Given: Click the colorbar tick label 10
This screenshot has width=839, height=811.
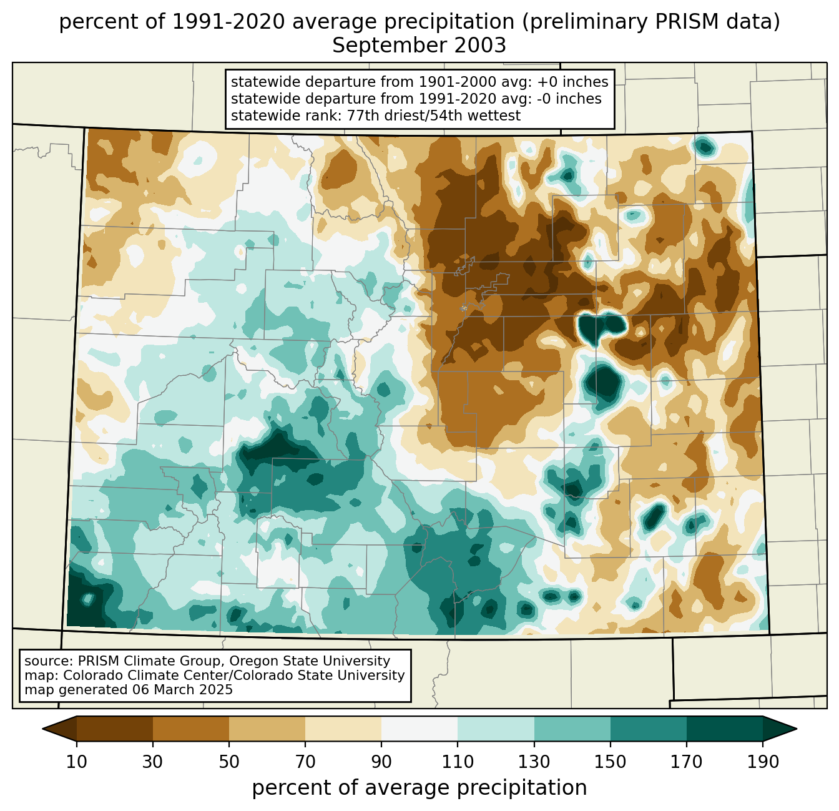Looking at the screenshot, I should (76, 762).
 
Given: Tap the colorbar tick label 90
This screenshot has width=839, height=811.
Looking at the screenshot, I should (381, 762).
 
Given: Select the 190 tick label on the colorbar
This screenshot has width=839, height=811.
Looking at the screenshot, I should (762, 762).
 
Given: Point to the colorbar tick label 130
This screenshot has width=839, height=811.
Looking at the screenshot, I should (534, 762).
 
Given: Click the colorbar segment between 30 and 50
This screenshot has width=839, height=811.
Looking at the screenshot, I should (191, 729).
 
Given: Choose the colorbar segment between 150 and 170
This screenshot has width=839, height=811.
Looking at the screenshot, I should (649, 729).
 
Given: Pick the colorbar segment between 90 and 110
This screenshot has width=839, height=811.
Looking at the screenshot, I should (419, 729).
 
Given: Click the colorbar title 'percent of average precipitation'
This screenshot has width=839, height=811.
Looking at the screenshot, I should (419, 788).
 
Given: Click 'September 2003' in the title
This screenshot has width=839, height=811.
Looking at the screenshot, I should (419, 46).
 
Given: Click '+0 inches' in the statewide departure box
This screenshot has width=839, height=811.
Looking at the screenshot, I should (572, 82).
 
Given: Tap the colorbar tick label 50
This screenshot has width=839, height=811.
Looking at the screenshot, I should (229, 762).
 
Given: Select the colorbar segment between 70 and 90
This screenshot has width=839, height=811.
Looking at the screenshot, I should (343, 729).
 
